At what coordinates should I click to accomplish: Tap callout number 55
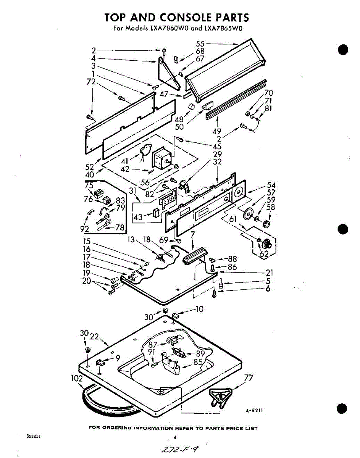point(200,44)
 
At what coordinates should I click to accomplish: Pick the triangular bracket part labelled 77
point(221,395)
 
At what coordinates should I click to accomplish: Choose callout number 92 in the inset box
point(85,229)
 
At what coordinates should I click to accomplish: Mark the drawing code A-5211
point(253,411)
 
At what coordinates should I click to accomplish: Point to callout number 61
point(232,218)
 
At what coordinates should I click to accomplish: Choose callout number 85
point(198,361)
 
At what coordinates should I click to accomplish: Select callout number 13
point(131,240)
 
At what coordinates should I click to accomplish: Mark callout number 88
point(232,259)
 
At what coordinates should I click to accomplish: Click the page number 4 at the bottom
point(175,437)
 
